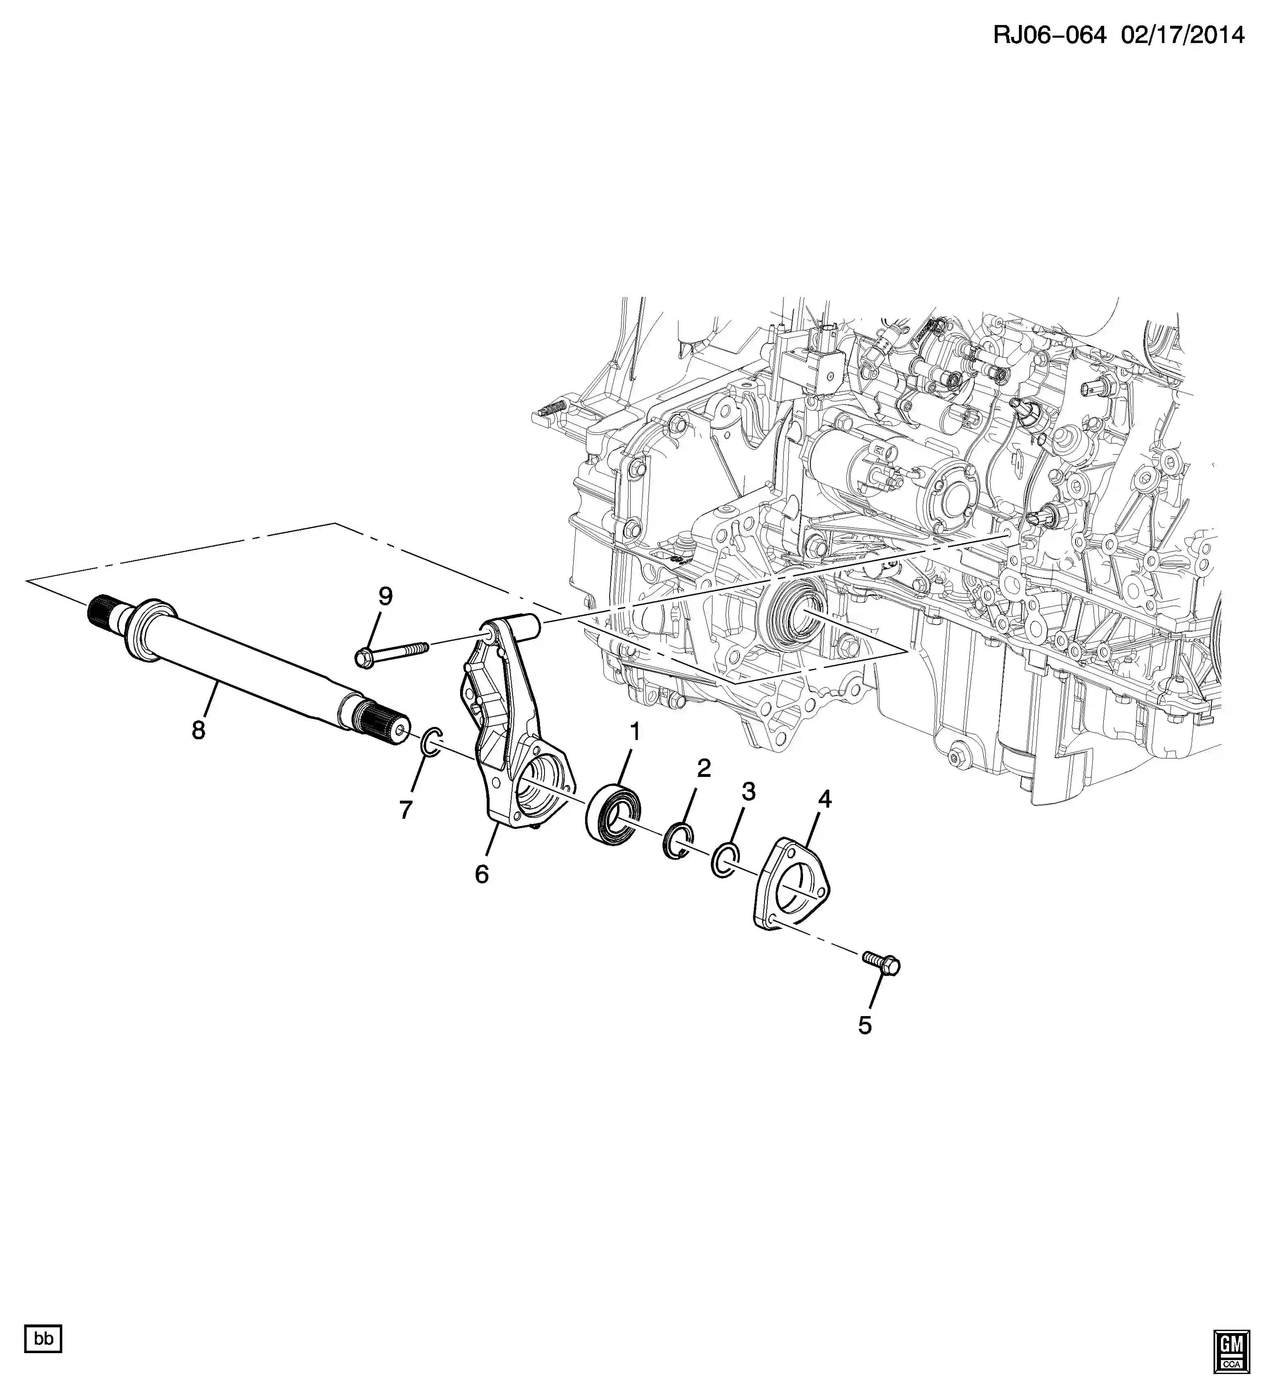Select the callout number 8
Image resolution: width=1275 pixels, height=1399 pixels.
199,729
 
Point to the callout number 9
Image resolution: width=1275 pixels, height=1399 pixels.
385,596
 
